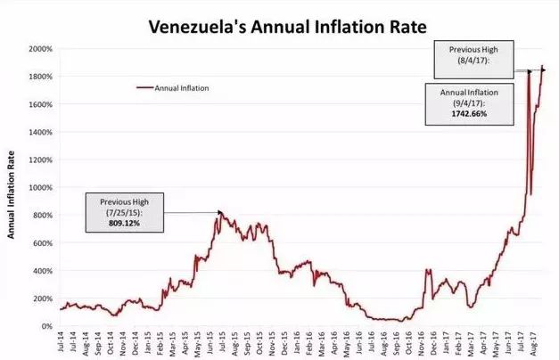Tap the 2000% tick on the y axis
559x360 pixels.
tap(39, 48)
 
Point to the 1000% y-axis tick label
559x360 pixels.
tap(39, 187)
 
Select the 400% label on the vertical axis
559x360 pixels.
tap(42, 271)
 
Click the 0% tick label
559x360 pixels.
tap(46, 326)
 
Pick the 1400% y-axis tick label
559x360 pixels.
tap(39, 132)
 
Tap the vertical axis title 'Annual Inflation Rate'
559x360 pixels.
tap(12, 185)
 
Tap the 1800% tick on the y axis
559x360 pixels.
tap(39, 76)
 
